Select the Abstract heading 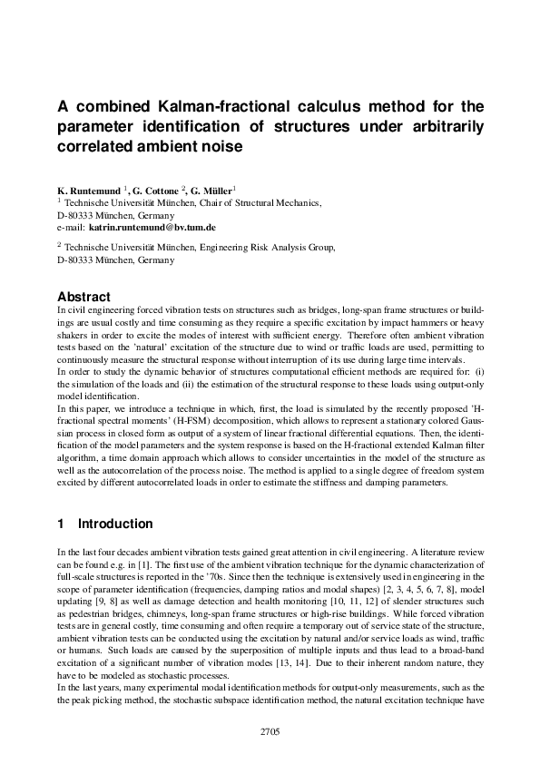[83, 297]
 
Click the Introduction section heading [115, 524]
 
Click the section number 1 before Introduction [61, 524]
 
